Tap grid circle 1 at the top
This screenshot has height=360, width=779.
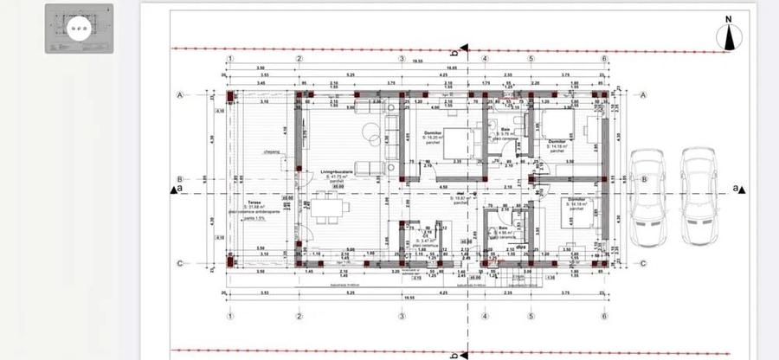[230, 59]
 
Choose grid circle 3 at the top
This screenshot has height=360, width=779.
[402, 59]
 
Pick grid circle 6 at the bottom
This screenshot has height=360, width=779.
[603, 317]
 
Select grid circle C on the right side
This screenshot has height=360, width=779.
[644, 264]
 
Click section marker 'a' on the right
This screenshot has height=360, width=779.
[737, 188]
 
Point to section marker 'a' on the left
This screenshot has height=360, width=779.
[178, 188]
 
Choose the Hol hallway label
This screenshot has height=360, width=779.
[461, 195]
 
